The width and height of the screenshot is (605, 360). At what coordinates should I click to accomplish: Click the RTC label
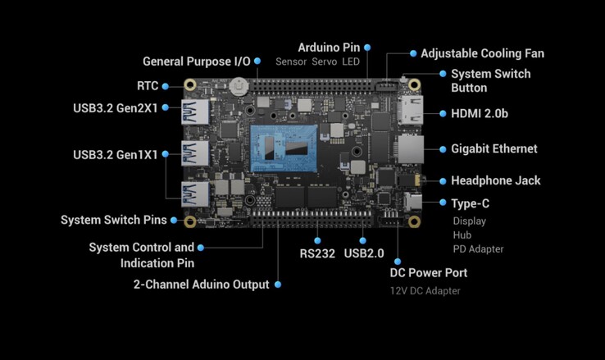coord(148,85)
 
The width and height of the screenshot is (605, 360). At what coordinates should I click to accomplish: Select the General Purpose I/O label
coord(197,61)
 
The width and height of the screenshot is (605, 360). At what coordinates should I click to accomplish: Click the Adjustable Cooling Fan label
coord(482,53)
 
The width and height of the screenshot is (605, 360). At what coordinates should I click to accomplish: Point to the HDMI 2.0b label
coord(480,113)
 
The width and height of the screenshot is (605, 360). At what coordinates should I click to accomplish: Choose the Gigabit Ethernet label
coord(494,149)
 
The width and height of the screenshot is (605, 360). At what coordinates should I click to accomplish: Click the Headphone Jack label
coord(496,181)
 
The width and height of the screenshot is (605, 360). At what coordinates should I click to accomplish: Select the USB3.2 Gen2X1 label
coord(114,107)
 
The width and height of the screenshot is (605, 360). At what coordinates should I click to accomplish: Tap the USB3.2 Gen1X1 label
coord(114,154)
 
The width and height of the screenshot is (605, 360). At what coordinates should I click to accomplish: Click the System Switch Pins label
coord(114,220)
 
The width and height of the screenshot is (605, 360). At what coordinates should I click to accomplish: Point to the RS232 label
coord(317,253)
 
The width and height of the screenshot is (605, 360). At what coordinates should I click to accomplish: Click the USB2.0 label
coord(365,253)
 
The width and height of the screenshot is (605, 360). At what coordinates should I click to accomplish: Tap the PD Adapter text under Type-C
coord(478,248)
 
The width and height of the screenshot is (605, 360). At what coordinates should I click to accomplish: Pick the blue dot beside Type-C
coord(441,203)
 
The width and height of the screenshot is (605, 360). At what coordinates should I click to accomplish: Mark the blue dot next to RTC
coord(166,85)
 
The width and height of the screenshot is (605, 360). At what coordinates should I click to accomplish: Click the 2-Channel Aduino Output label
coord(202,285)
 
